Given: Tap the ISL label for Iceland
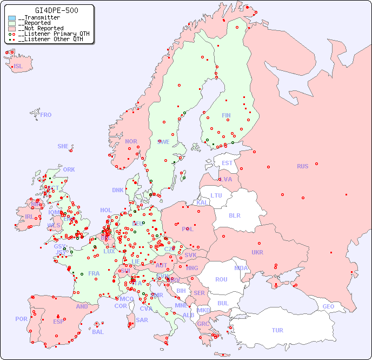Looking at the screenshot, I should click(18, 67).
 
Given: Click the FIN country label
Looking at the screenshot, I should click(226, 115).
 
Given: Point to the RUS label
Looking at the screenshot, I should click(302, 166).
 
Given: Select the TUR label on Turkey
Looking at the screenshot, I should click(277, 330).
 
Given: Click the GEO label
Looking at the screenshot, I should click(328, 306).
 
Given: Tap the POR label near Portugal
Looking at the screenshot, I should click(21, 319).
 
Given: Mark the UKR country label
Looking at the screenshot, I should click(257, 252).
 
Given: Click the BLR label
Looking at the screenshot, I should click(234, 215).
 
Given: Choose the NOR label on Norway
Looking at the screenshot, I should click(131, 141).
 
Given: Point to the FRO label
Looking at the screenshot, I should click(46, 115).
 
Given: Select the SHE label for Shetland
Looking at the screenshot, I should click(63, 146).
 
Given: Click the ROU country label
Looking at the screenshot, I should click(221, 279).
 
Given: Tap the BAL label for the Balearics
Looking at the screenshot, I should click(98, 332).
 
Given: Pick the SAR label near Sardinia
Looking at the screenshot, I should click(142, 320).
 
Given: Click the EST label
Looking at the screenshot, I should click(227, 163).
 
